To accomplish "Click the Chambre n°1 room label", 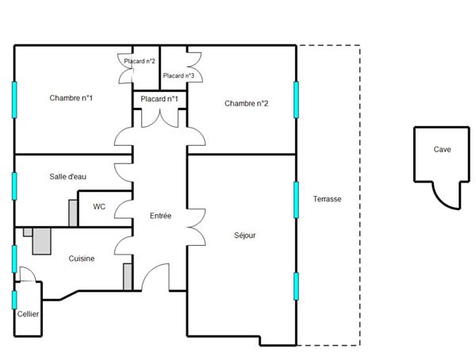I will pyautogui.click(x=71, y=98).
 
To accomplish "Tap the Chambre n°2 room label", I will pyautogui.click(x=247, y=103).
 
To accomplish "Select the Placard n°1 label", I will pyautogui.click(x=159, y=99).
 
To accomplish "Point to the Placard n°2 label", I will pyautogui.click(x=139, y=61).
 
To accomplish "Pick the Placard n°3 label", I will pyautogui.click(x=178, y=76).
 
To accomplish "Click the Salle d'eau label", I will pyautogui.click(x=67, y=177).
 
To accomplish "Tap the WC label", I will pyautogui.click(x=99, y=207).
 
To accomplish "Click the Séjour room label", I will pyautogui.click(x=245, y=236).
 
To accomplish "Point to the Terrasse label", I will pyautogui.click(x=327, y=199).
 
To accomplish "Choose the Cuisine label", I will pyautogui.click(x=82, y=259).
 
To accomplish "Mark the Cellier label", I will pyautogui.click(x=28, y=314).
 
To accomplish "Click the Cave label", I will pyautogui.click(x=442, y=149).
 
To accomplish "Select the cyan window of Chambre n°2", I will pyautogui.click(x=297, y=98).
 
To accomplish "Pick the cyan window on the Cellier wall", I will pyautogui.click(x=14, y=299).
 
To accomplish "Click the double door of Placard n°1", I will pyautogui.click(x=159, y=117).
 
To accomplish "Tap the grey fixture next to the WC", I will pyautogui.click(x=74, y=213).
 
